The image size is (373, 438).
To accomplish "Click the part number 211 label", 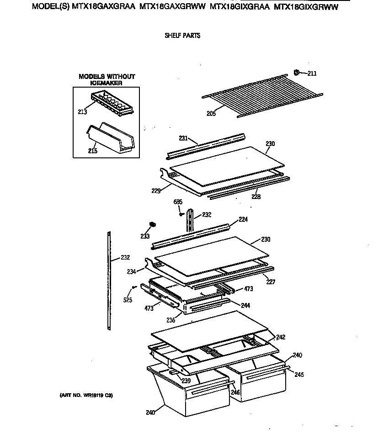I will point(312,73).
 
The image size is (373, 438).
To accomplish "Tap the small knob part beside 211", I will point(297,72).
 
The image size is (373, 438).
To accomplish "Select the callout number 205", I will point(211,114).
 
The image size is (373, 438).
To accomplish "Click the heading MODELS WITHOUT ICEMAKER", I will point(107,80).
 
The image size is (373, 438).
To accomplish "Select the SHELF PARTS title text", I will point(182,36).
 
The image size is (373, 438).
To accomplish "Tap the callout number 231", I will point(183,138).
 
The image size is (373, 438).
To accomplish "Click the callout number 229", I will point(156,191).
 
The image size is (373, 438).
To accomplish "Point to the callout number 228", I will point(256,197).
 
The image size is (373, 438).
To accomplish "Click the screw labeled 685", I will point(182,212).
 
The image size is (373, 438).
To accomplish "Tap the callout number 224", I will point(243,219).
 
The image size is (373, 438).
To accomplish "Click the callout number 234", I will point(132,271).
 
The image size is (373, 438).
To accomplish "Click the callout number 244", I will point(246,305).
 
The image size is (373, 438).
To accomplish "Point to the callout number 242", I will point(281,337).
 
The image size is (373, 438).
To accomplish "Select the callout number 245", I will point(299,375).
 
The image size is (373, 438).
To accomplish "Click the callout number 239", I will point(186,381).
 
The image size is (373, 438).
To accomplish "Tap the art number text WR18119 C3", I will point(86,395).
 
